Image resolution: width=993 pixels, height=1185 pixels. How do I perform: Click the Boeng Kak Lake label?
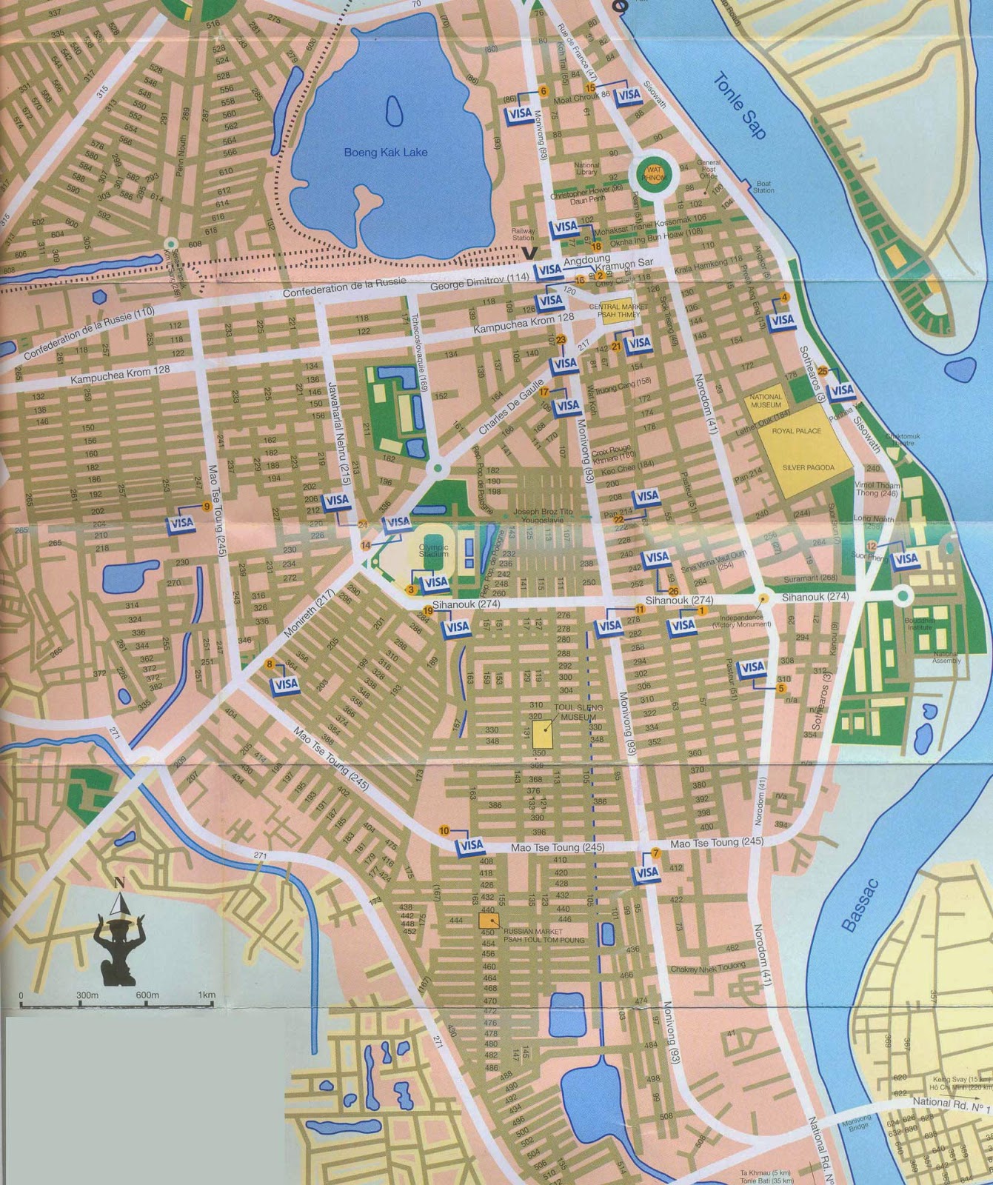pos(385,152)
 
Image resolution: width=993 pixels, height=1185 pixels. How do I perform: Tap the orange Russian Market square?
pos(487,919)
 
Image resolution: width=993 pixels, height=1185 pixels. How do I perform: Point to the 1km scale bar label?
pos(207,995)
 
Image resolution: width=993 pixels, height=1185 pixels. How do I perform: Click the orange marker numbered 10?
pos(444,830)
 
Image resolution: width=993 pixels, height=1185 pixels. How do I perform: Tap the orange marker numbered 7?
pos(655,853)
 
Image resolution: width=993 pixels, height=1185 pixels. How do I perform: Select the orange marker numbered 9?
pos(207,507)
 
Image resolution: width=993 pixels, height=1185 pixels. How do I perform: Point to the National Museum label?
pos(766,401)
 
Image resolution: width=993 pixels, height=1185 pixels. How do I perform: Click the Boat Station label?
pos(763,187)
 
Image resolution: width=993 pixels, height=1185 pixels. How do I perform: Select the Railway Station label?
pos(523,234)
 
